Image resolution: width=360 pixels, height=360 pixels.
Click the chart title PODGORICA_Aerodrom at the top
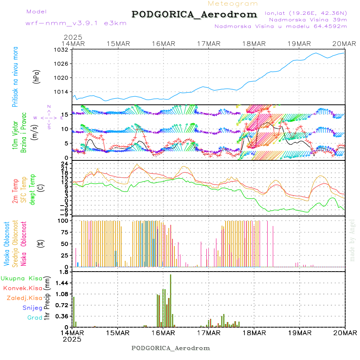[194, 14]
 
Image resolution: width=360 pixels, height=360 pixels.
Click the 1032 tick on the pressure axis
[62, 50]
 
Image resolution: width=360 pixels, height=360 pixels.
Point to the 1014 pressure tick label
[62, 92]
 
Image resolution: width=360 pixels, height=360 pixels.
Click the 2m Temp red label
[15, 190]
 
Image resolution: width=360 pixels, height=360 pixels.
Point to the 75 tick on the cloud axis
[63, 232]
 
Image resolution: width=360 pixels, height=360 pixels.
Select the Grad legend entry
[34, 318]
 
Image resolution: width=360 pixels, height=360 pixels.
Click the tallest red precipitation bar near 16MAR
[170, 300]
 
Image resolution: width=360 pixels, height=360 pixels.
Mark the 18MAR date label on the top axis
[254, 44]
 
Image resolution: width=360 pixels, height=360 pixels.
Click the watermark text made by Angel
[352, 240]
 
